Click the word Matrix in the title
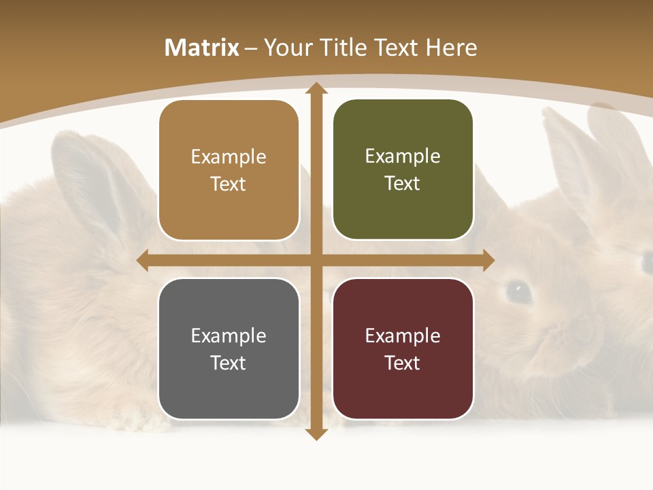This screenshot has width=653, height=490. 202,48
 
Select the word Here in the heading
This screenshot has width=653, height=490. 451,48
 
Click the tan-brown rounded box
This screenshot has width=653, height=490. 229,170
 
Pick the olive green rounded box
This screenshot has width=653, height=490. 403,169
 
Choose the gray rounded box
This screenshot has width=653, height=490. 229,348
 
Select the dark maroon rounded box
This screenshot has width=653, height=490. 403,348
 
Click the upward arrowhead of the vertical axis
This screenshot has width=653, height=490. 316,88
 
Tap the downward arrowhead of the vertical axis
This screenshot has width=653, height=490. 316,434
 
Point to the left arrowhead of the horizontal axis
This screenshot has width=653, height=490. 142,260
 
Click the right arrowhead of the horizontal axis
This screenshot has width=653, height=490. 488,260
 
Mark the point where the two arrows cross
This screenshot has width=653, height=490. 316,260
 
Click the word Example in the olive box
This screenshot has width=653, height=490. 403,156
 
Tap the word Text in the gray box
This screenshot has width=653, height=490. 229,363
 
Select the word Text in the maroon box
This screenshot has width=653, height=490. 403,363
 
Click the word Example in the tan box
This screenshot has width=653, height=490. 229,157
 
